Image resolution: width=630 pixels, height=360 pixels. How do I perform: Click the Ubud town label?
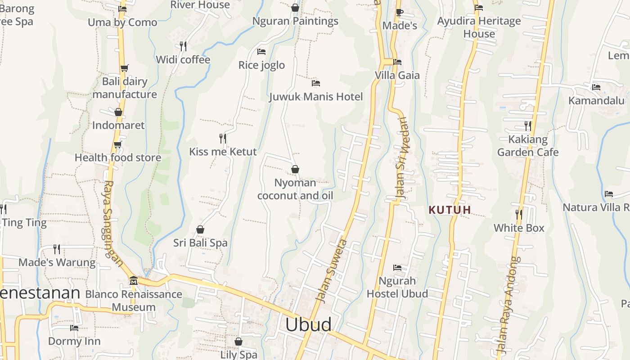tap(309, 324)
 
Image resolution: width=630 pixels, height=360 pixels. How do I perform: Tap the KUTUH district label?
tap(450, 210)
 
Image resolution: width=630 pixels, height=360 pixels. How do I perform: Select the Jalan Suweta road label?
tap(332, 271)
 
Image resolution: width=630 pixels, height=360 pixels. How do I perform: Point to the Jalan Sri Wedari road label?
tap(401, 158)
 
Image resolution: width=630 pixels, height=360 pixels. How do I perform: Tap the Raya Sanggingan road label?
tap(113, 224)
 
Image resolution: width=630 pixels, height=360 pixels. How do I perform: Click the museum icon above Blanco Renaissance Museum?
tap(133, 281)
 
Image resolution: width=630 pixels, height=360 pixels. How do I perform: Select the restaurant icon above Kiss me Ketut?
tap(222, 138)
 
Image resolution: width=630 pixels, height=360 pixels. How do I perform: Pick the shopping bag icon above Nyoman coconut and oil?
tap(295, 169)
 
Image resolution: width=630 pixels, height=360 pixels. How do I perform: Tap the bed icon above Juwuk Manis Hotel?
tap(316, 83)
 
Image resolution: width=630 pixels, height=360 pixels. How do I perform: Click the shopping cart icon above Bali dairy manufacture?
tap(124, 68)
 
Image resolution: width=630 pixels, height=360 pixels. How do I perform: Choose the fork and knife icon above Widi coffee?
tap(183, 46)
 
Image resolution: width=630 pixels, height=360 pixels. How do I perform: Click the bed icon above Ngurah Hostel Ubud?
tap(397, 268)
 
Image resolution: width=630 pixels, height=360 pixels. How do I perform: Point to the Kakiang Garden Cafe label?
tap(527, 146)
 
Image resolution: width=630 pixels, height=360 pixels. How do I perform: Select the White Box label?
tap(519, 228)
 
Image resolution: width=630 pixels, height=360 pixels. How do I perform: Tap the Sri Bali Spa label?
tap(200, 243)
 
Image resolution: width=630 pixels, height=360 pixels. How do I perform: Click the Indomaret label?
tap(118, 125)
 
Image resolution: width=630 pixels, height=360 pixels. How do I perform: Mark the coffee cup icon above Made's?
tap(399, 13)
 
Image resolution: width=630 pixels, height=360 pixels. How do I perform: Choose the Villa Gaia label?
tap(397, 75)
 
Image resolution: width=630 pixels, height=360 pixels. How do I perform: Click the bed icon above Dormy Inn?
tap(74, 328)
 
